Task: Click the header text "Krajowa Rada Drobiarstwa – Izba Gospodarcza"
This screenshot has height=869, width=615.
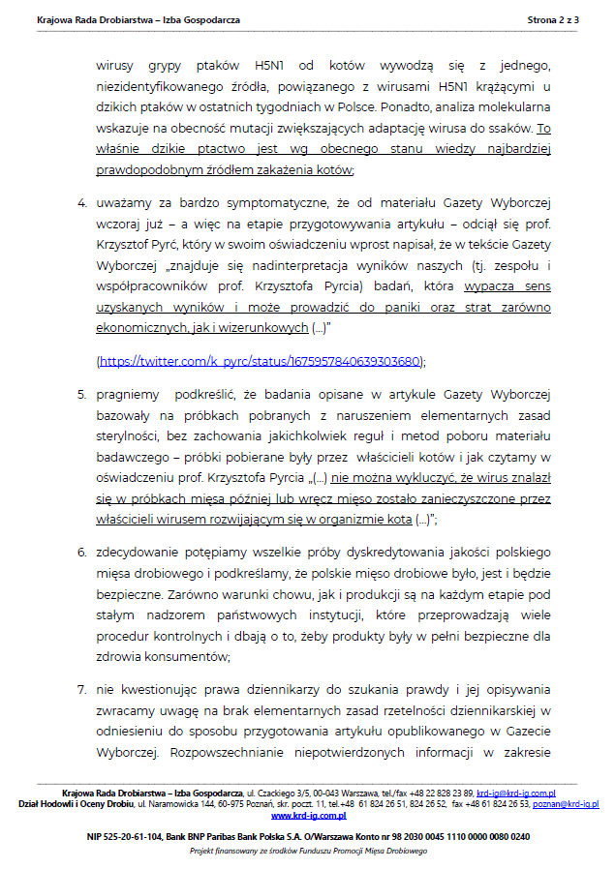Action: tap(138, 19)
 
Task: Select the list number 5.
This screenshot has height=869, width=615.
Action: tap(81, 395)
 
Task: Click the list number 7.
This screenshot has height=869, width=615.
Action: tap(81, 690)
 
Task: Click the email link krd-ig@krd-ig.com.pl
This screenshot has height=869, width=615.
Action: tap(515, 794)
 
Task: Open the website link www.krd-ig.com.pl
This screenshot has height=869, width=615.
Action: tap(308, 816)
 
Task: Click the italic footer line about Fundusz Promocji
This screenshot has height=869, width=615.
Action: tap(308, 851)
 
